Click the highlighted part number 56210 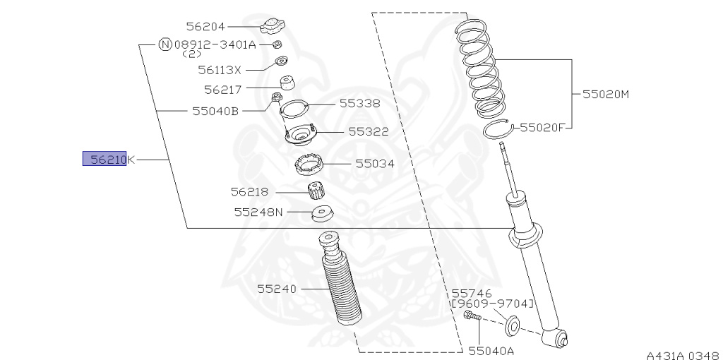pyautogui.click(x=104, y=160)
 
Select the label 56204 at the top pyautogui.click(x=205, y=27)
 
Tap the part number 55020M pyautogui.click(x=604, y=93)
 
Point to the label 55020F pyautogui.click(x=542, y=128)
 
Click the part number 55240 pyautogui.click(x=277, y=289)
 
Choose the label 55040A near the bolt pyautogui.click(x=491, y=349)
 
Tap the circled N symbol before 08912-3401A pyautogui.click(x=165, y=44)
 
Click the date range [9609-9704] pyautogui.click(x=493, y=304)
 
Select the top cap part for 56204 pyautogui.click(x=272, y=27)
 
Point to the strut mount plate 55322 pyautogui.click(x=302, y=133)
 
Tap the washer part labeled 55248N pyautogui.click(x=322, y=212)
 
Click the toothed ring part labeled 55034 pyautogui.click(x=310, y=164)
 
